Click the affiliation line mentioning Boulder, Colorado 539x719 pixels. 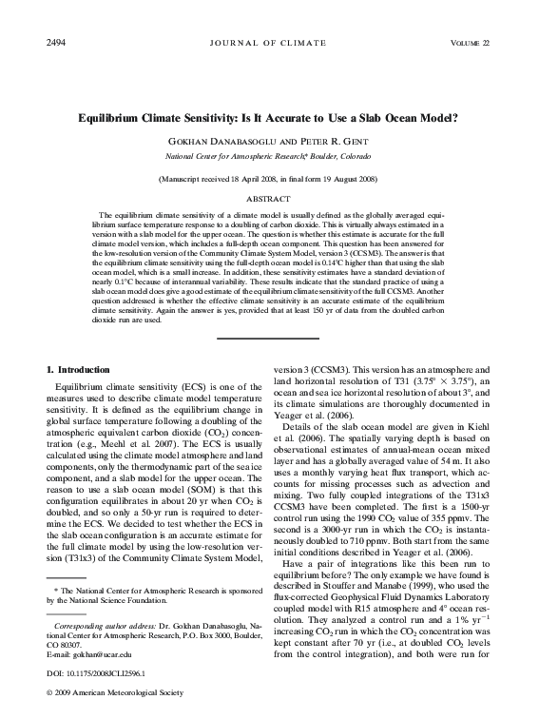269,153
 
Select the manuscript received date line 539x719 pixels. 269,178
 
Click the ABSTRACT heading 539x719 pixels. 269,198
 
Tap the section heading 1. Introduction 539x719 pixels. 78,368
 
